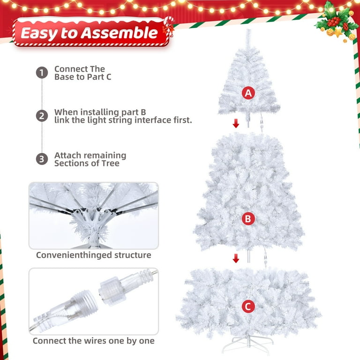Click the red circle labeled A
(248, 93)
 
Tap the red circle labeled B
(248, 218)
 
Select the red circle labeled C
(248, 307)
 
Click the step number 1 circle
(42, 73)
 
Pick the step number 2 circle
(42, 116)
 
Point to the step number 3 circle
(42, 159)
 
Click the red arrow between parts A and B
(236, 124)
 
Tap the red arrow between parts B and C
(236, 258)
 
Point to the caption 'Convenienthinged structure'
(94, 255)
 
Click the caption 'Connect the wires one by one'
(94, 341)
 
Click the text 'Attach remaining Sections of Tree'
(90, 159)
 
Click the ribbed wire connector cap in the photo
(113, 295)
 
